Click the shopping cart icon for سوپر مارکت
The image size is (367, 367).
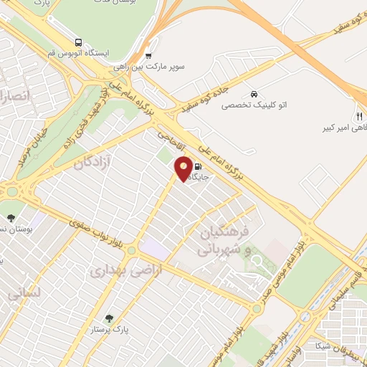pyautogui.click(x=148, y=55)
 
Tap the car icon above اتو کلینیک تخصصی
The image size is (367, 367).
pyautogui.click(x=254, y=94)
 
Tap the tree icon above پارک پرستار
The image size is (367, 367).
pyautogui.click(x=109, y=318)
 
